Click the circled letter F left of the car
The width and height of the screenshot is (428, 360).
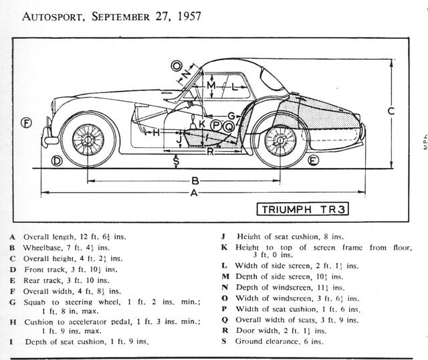26,122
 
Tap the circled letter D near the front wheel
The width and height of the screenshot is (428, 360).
58,161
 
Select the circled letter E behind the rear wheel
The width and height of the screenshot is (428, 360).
313,161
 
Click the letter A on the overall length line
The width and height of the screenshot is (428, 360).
193,193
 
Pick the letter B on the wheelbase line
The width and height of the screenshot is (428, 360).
195,181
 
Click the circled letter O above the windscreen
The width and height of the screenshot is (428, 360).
177,66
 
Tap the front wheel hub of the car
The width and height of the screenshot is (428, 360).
85,139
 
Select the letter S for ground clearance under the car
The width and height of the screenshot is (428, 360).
176,161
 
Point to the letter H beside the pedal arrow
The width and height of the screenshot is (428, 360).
156,133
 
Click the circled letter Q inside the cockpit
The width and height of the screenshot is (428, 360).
229,124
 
